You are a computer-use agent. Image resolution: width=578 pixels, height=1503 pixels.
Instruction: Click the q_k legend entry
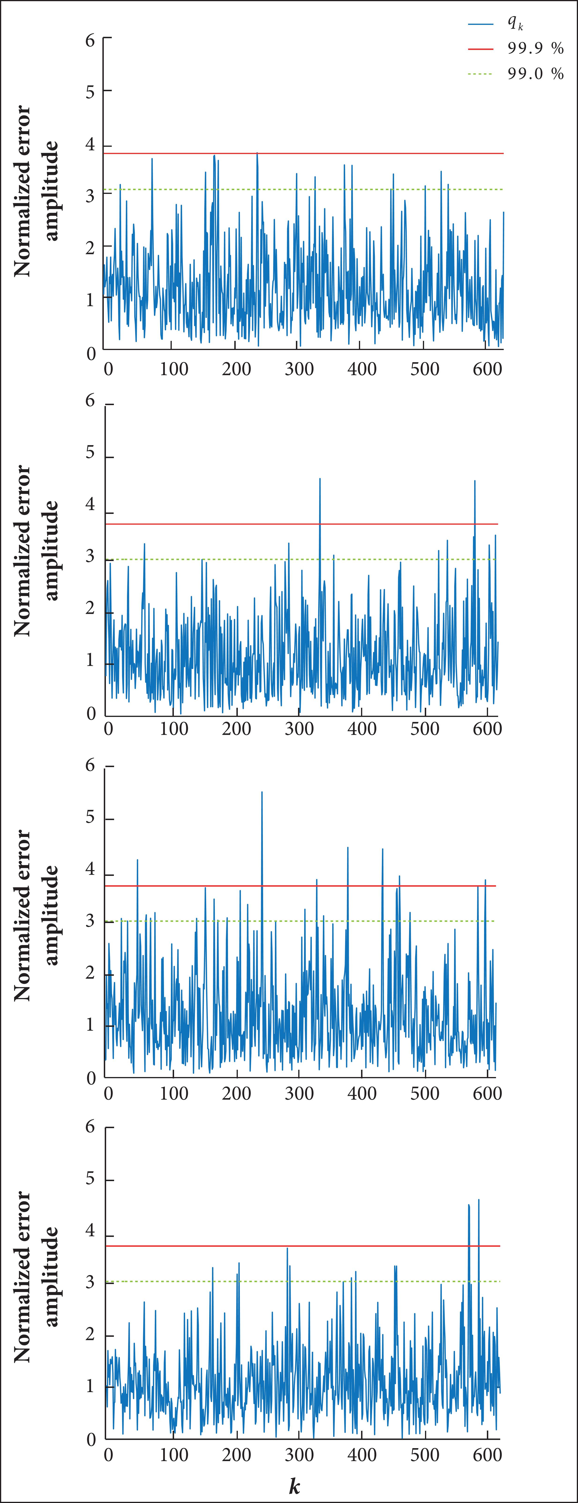tap(515, 23)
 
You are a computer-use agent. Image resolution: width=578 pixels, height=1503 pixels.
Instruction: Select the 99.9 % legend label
tap(535, 49)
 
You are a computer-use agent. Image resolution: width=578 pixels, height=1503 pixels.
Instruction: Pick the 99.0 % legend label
tap(535, 74)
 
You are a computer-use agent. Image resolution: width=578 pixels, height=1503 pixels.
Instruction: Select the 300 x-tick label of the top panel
tap(299, 369)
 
